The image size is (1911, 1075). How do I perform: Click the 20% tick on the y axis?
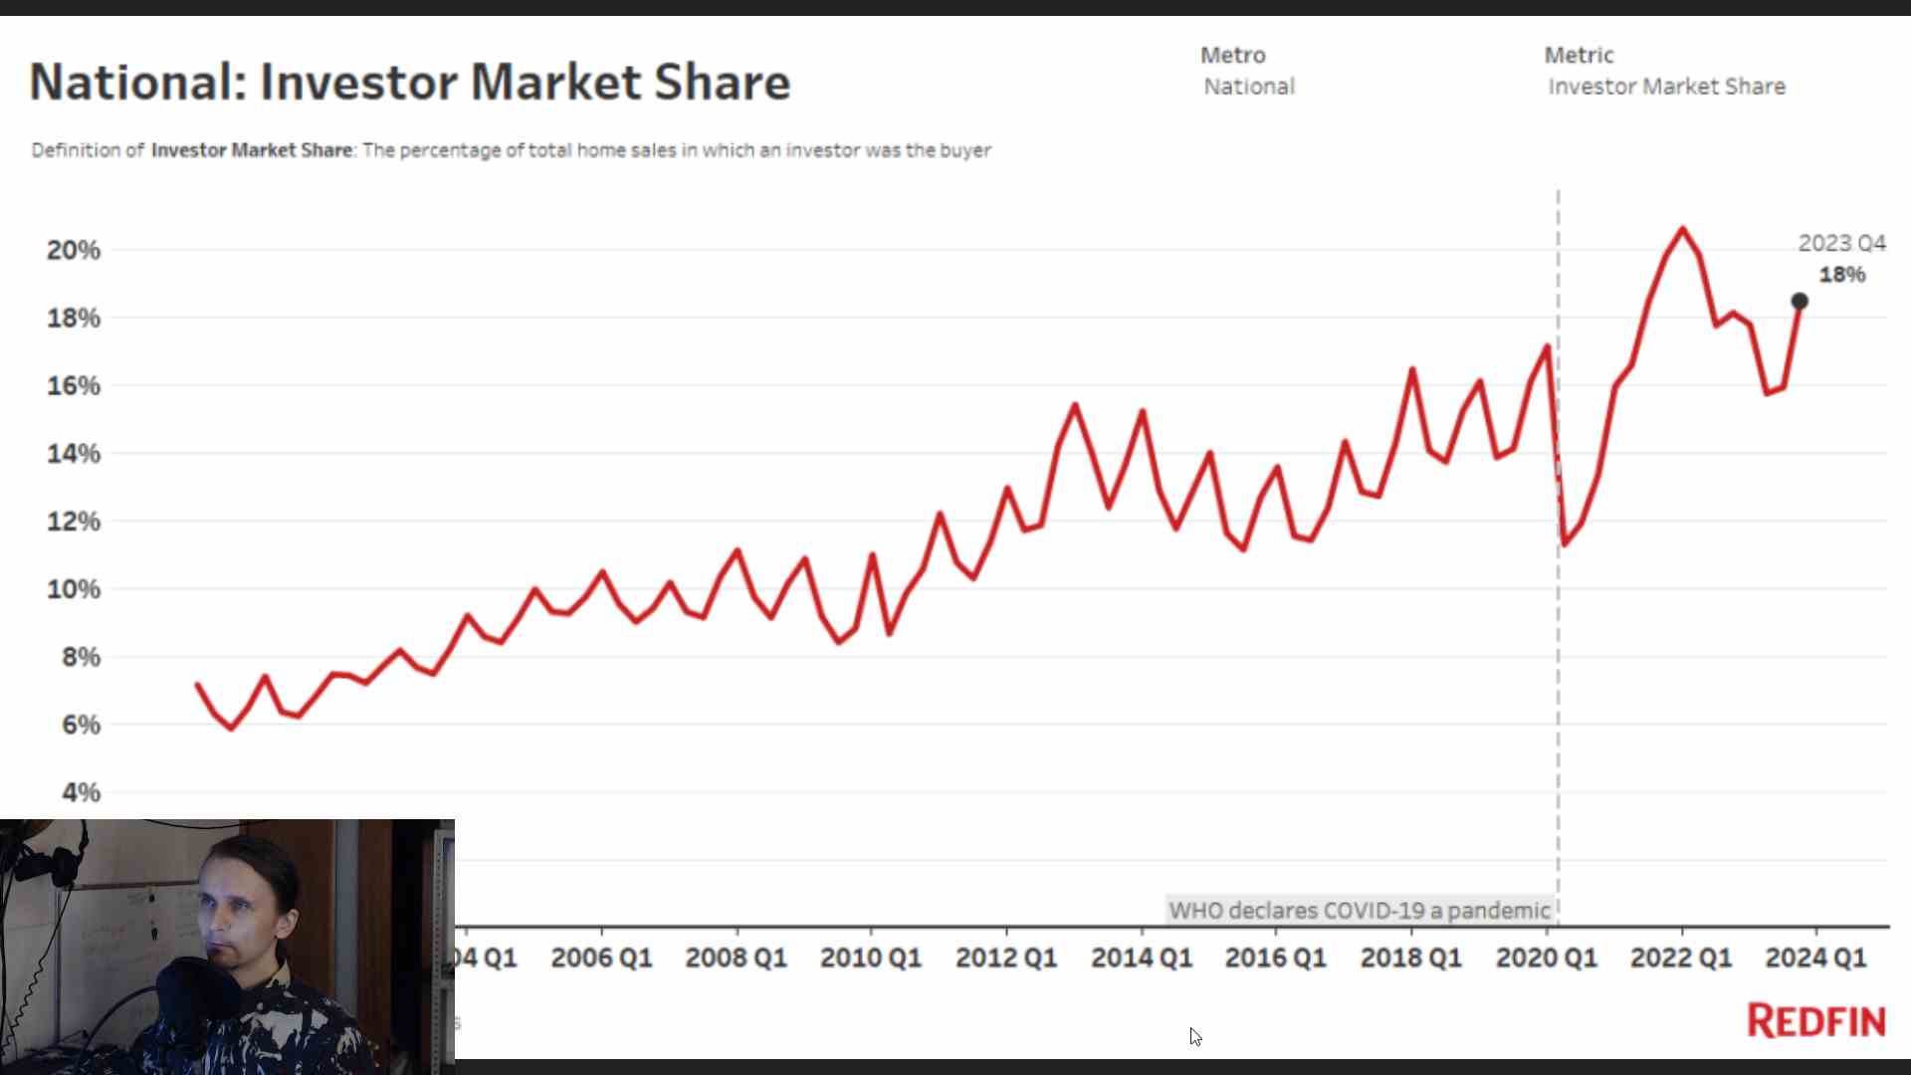74,250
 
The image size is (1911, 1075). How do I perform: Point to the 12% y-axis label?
74,522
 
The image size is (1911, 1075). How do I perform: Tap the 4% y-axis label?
81,793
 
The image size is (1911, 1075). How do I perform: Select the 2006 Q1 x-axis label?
601,958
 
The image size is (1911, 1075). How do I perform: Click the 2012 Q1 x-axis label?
1005,958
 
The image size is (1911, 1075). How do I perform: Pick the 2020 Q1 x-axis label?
1546,958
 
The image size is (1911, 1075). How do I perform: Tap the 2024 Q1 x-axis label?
1815,958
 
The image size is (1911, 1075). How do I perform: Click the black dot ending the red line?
1800,301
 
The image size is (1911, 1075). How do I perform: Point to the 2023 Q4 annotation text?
1841,244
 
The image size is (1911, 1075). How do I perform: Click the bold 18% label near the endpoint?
1842,275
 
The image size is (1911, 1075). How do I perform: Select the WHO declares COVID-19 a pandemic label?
1360,911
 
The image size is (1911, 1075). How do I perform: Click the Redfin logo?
1816,1021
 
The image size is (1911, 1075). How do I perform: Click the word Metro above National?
1233,56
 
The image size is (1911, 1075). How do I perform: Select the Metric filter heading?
1579,56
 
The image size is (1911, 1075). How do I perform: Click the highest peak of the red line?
1683,230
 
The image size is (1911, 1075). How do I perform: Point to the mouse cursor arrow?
1194,1035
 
